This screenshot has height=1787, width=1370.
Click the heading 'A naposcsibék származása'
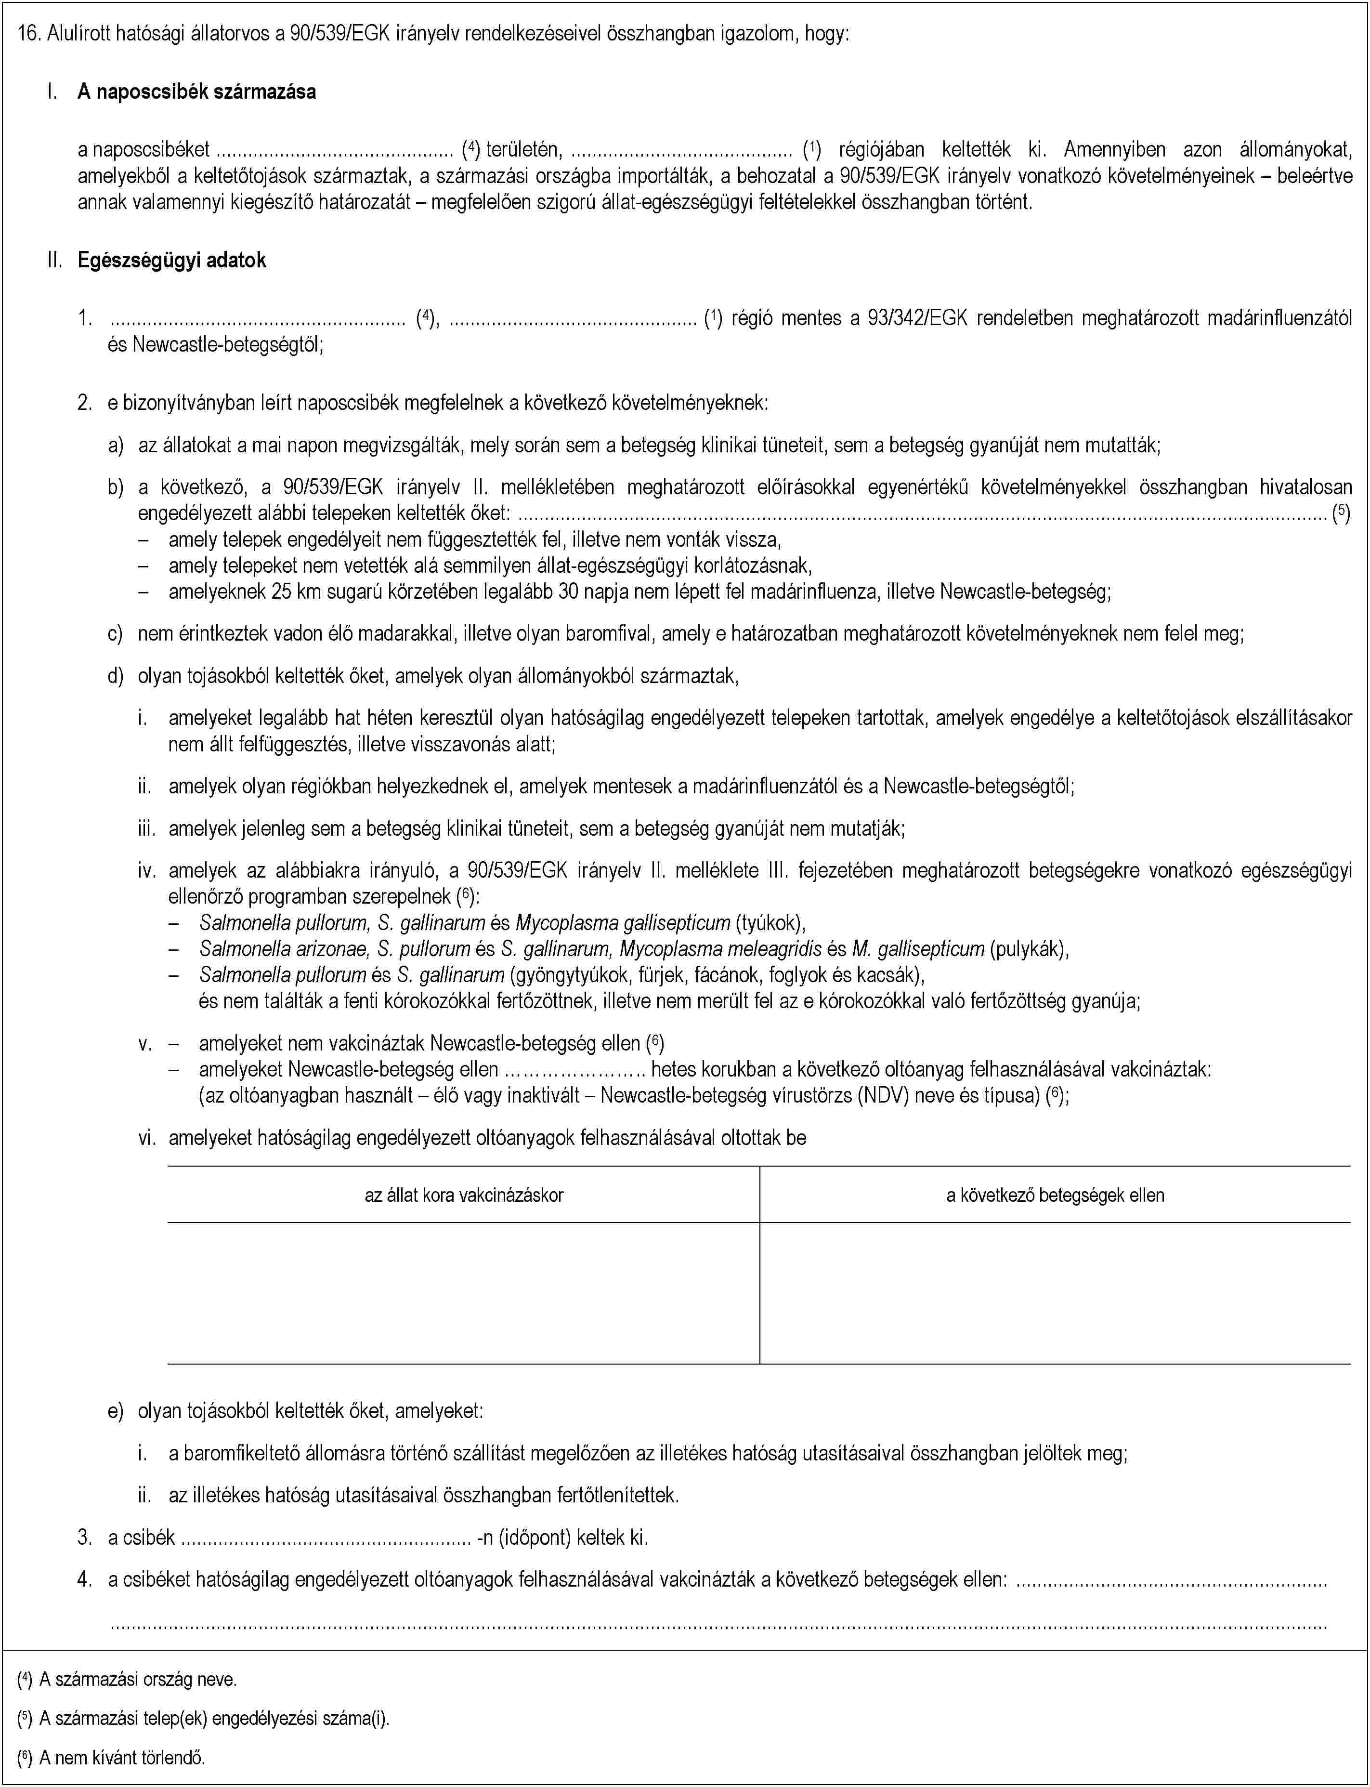196,92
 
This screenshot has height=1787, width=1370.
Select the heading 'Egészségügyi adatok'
171,260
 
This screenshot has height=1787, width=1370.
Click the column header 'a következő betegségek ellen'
1055,1195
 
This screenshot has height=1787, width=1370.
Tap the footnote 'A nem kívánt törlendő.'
122,1757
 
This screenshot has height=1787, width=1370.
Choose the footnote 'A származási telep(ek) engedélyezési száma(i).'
214,1718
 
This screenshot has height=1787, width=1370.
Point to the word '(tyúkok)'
770,922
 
